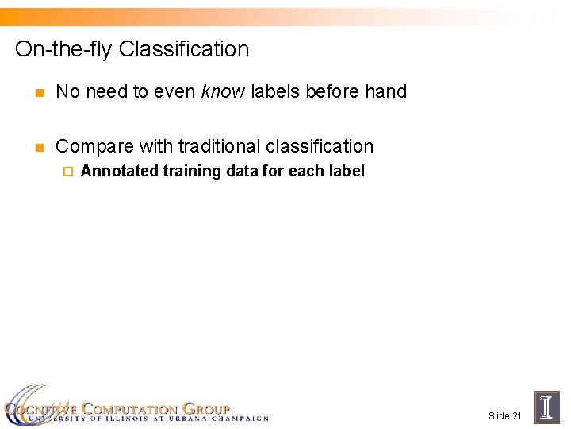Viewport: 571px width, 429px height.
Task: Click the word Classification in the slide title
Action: pos(183,49)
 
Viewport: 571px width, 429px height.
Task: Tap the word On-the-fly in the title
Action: pos(64,49)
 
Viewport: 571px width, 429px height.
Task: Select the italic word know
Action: pos(222,92)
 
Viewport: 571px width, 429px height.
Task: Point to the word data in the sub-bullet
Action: pos(243,171)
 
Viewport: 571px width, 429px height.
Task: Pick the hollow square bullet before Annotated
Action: pos(67,172)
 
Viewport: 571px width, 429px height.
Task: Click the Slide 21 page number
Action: pos(504,416)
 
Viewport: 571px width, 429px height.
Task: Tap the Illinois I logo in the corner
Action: pos(546,407)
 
